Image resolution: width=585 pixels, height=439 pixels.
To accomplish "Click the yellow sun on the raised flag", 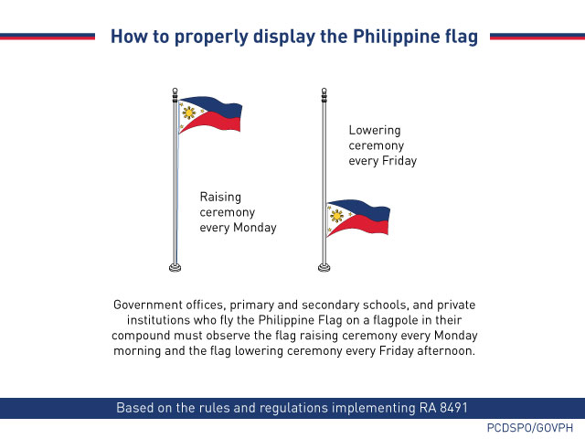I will pyautogui.click(x=189, y=113).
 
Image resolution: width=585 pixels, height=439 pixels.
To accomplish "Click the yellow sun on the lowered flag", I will pyautogui.click(x=338, y=217).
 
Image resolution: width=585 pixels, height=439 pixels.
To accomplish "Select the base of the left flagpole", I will pyautogui.click(x=175, y=267).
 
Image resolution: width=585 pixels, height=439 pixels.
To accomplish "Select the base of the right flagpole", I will pyautogui.click(x=324, y=267).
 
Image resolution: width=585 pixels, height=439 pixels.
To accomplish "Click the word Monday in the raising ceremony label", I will pyautogui.click(x=254, y=227).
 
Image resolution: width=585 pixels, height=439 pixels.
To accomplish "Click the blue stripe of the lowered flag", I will pyautogui.click(x=370, y=214).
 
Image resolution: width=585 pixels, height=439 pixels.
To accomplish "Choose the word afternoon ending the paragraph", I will pyautogui.click(x=445, y=350).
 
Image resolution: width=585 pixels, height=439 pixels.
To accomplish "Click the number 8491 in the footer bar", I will pyautogui.click(x=450, y=407).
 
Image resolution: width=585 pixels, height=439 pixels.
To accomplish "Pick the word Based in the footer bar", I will pyautogui.click(x=135, y=407).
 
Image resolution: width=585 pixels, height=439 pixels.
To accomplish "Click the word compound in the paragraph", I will pyautogui.click(x=141, y=335).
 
